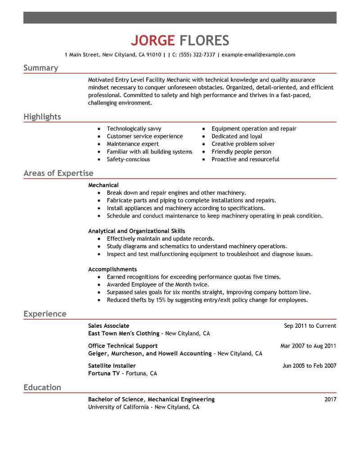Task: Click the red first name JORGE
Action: coord(153,41)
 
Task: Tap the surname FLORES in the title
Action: coord(204,41)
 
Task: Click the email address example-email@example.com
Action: coord(259,55)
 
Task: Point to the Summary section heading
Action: coord(40,68)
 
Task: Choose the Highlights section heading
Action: coord(42,117)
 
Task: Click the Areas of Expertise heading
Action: coord(58,173)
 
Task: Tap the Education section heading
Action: coord(42,387)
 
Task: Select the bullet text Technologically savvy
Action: coord(134,129)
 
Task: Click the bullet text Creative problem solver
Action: coord(243,144)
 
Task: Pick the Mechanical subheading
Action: coord(103,185)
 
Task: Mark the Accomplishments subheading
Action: coord(112,269)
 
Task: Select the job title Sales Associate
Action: coord(109,326)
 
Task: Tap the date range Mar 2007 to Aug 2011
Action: coord(308,346)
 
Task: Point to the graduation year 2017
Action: coord(330,399)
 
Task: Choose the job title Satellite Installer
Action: coord(112,366)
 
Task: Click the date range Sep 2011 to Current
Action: coord(310,326)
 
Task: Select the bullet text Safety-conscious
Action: coord(128,159)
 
